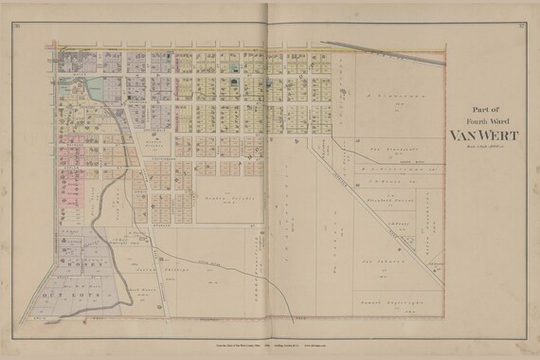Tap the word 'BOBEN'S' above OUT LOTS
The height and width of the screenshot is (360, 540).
pyautogui.click(x=81, y=265)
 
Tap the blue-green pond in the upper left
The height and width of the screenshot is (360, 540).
pyautogui.click(x=94, y=90)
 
